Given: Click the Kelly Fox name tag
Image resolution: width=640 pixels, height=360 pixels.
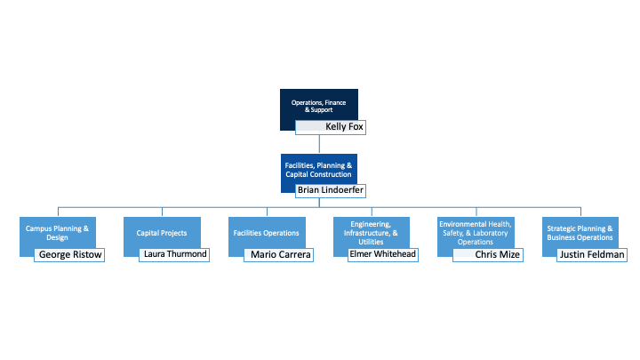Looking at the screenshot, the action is click(331, 127).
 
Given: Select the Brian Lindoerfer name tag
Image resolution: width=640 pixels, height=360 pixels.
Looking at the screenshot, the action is click(331, 190).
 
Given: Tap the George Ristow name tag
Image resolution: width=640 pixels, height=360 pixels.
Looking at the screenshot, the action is click(69, 255).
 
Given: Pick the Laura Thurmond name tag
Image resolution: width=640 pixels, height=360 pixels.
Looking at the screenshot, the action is click(174, 255).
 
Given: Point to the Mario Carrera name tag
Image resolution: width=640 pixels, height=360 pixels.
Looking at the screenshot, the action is click(279, 255).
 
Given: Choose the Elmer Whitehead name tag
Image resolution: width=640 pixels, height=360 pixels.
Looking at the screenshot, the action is click(383, 255).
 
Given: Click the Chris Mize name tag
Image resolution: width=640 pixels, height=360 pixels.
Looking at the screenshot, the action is click(488, 255).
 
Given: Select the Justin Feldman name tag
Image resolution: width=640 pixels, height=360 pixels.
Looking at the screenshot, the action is click(592, 255).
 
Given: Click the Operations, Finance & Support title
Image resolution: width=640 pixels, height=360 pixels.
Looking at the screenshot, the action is click(319, 106).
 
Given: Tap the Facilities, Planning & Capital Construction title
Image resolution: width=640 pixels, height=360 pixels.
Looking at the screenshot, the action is click(318, 170).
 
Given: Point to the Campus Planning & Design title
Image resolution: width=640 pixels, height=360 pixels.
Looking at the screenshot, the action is click(57, 233).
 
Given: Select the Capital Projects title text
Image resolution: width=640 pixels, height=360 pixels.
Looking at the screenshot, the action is click(162, 233).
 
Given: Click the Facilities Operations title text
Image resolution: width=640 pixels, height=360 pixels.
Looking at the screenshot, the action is click(266, 233).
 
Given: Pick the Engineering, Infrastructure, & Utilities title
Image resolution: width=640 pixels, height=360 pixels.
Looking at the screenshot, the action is click(371, 233).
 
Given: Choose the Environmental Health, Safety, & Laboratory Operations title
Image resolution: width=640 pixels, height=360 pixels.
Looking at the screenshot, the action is click(476, 233).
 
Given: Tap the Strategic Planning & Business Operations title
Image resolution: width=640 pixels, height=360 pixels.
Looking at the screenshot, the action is click(580, 233).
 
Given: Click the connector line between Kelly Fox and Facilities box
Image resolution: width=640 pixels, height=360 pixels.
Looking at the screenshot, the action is click(319, 144).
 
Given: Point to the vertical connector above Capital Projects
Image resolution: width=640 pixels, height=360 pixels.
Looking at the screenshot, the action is click(162, 212).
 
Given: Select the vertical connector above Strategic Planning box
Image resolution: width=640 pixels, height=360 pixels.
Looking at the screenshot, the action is click(580, 212).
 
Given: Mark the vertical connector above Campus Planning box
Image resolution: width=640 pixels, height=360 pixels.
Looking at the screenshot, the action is click(58, 212).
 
